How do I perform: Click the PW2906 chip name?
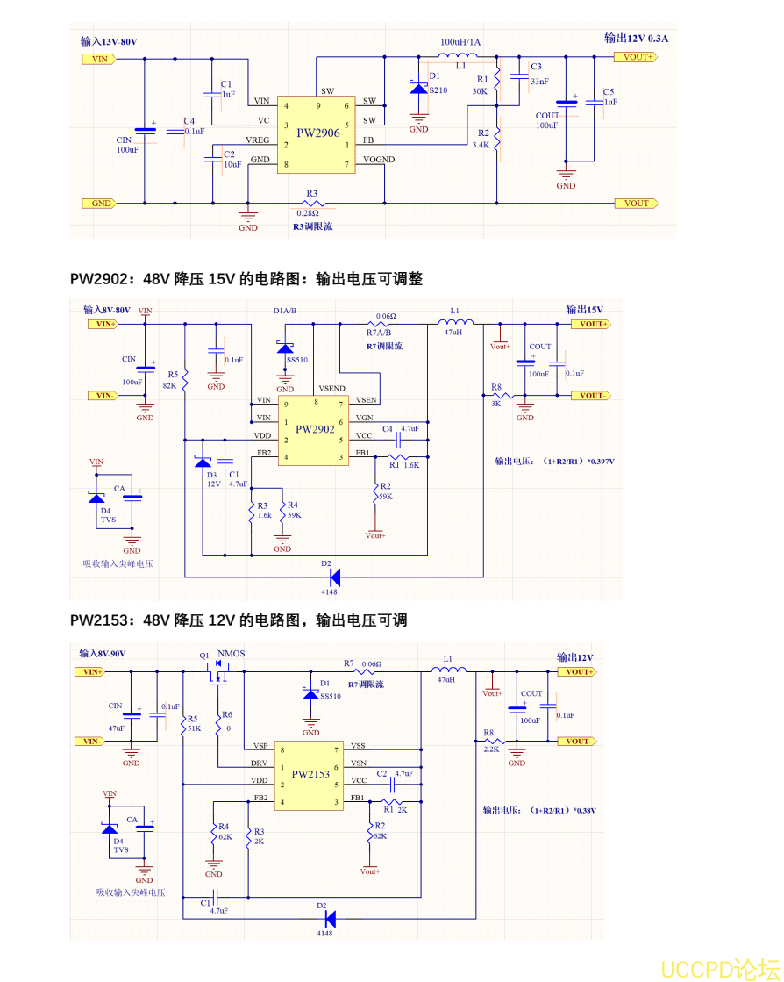[x=317, y=133]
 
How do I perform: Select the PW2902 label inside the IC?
[x=315, y=429]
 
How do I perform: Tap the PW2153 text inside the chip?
[x=310, y=774]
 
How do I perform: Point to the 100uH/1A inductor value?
[x=460, y=41]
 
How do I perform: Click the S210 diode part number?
[x=438, y=90]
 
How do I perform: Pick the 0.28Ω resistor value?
[x=308, y=212]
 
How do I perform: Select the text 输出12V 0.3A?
[x=636, y=38]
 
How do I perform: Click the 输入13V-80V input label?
[x=109, y=41]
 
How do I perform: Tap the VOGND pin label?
[x=379, y=160]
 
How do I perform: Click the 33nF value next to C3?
[x=539, y=81]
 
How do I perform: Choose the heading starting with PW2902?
[x=246, y=279]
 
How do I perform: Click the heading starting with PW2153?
[x=239, y=620]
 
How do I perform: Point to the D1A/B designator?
[x=285, y=311]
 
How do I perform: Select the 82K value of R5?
[x=170, y=384]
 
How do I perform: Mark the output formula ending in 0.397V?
[x=554, y=461]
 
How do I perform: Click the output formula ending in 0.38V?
[x=539, y=810]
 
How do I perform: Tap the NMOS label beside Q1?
[x=231, y=654]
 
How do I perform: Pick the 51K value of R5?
[x=194, y=728]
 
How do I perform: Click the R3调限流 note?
[x=312, y=226]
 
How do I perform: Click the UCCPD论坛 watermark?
[x=719, y=969]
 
